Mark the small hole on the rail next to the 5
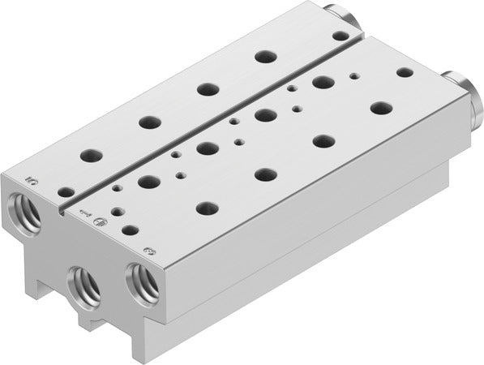[x=66, y=191]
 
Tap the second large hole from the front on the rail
[x=148, y=122]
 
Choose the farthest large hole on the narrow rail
[x=261, y=56]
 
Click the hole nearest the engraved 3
[x=206, y=207]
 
